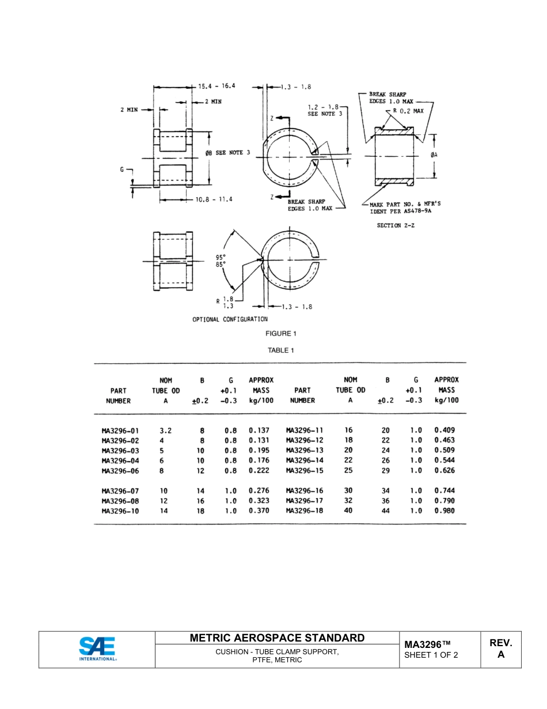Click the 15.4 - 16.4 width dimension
pos(217,86)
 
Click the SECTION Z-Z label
pos(396,225)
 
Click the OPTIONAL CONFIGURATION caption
pos(230,319)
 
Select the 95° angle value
pos(221,257)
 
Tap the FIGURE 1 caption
pos(281,334)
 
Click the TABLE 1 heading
pos(281,350)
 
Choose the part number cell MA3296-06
pos(120,470)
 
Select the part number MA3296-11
pos(305,430)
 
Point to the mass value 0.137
pos(259,430)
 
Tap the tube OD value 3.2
pos(165,430)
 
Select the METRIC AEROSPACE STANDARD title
pos(277,638)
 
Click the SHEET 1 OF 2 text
pos(431,655)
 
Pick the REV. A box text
pos(500,648)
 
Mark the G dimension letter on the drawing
pos(121,169)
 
